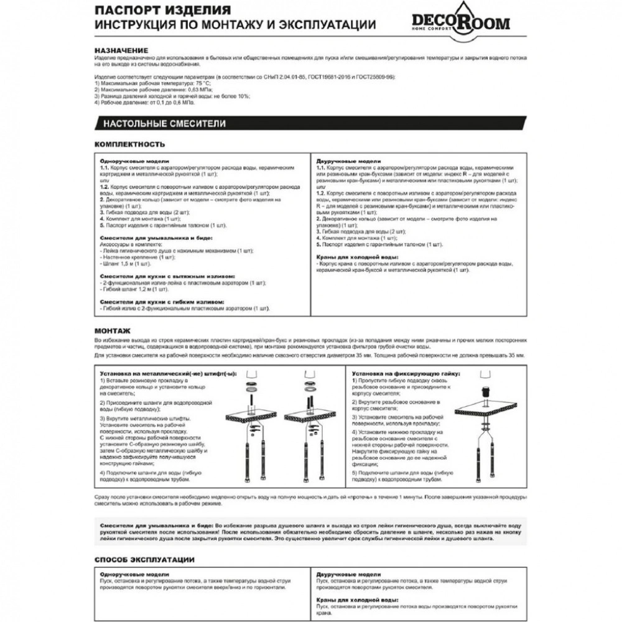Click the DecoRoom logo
click(x=460, y=21)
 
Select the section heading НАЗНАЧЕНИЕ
click(x=121, y=50)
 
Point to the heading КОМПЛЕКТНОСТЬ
click(x=129, y=144)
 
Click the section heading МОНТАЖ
click(x=112, y=332)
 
